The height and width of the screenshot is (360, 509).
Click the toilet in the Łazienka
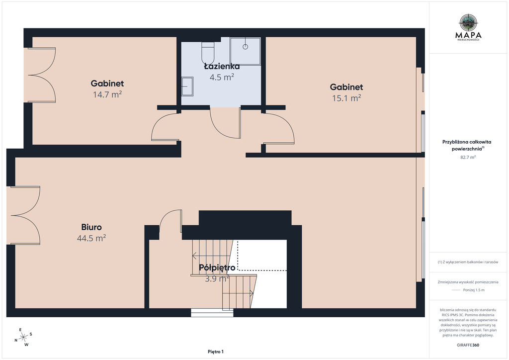point(207,53)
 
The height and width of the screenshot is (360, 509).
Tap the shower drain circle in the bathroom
point(246,47)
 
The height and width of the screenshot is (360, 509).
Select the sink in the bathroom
point(187,87)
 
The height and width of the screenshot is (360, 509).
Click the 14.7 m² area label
point(107,94)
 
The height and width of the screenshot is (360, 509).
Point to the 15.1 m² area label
point(346,98)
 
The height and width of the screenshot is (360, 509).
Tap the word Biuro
point(91,227)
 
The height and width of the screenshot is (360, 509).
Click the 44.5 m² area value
point(91,238)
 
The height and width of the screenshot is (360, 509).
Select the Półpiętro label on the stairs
point(217,268)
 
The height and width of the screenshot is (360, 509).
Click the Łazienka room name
point(222,66)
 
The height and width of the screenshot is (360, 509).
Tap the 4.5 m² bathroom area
point(222,77)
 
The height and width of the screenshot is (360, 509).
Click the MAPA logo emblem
point(468,22)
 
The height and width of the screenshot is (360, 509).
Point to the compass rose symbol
point(23,338)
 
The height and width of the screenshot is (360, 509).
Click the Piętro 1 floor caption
point(216,352)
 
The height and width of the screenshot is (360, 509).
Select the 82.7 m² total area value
point(468,157)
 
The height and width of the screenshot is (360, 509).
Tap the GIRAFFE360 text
point(468,345)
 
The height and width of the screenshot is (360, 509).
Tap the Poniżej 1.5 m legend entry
point(474,290)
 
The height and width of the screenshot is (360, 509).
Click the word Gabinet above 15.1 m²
point(346,87)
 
